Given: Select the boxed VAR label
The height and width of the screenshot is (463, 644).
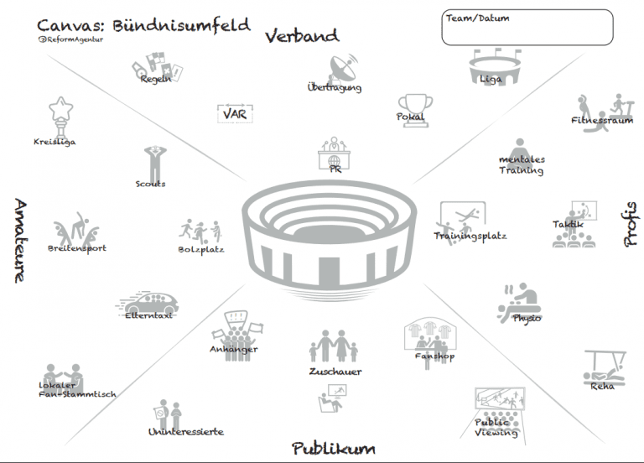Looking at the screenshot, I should coord(236,113).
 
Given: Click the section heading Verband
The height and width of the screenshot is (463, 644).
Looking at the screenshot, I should coord(302,35).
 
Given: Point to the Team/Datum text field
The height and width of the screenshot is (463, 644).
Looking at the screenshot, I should coord(526,27).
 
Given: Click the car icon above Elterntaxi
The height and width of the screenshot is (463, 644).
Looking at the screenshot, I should coord(148,303).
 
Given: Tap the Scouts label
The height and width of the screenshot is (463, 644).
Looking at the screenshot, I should coord(151,184).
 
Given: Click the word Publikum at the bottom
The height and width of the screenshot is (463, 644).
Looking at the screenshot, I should coord(333,449).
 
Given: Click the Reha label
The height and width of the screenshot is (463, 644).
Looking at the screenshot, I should coord(601,386).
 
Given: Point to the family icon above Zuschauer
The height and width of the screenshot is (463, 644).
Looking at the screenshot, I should coord(335,346).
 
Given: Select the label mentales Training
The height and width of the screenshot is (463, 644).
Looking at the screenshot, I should coord(522,164).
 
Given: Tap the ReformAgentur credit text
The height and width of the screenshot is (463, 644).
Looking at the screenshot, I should coord(71,39).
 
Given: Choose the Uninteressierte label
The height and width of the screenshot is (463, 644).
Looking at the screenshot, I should coord(185,432).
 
